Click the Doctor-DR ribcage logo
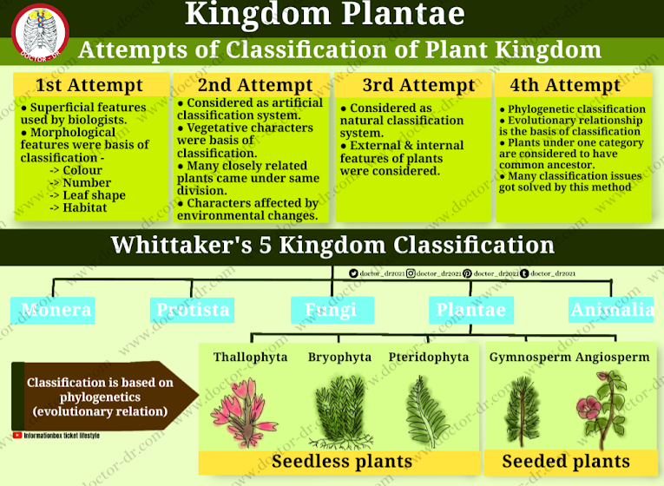(x=39, y=32)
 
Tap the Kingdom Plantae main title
(x=325, y=15)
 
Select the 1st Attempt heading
(x=89, y=85)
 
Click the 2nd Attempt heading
(x=255, y=85)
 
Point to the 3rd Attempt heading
(x=418, y=85)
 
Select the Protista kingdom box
(x=193, y=310)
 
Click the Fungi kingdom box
(x=331, y=310)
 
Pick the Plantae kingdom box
(x=470, y=310)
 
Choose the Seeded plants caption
(x=566, y=461)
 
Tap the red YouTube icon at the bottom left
(x=17, y=435)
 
